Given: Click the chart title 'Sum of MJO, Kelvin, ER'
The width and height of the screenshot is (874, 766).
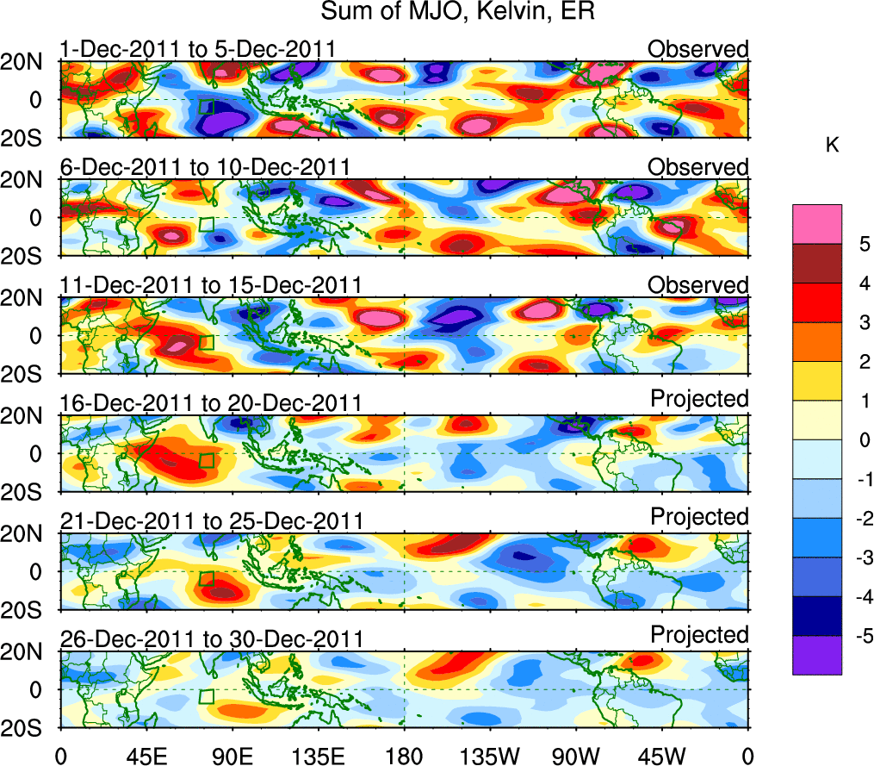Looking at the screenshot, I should coord(457,13).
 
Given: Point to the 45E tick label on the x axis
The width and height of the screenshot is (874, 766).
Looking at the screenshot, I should coord(146,756).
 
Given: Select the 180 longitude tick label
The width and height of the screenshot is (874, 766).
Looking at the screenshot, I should coord(404,756).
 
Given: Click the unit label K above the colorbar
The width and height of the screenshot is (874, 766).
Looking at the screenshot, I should coord(832,146).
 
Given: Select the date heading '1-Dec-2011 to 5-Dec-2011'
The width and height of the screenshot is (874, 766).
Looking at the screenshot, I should coord(197,49).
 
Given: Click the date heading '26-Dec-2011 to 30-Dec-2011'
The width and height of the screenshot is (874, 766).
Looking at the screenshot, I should coord(211,639).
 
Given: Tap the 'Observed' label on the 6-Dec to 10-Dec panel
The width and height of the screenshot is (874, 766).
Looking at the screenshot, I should coord(698,166).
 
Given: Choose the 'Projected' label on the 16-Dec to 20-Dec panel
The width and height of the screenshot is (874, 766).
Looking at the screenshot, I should coord(698,398).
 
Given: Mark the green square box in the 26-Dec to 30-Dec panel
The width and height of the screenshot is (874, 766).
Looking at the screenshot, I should coord(207,696).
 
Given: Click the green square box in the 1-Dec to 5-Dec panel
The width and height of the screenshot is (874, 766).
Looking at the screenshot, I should coord(206,107).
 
